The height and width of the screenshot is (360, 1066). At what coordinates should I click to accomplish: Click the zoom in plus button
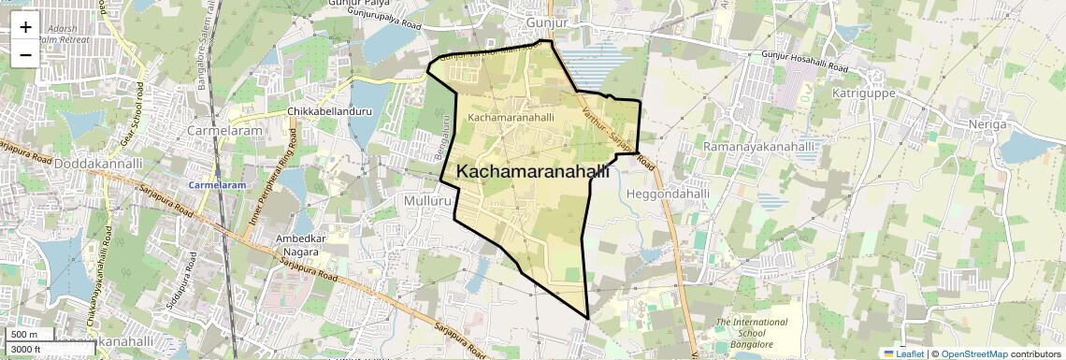[x=25, y=27]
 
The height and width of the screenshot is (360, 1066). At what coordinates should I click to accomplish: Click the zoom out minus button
[x=25, y=54]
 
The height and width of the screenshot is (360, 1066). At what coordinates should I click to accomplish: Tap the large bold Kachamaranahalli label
[x=533, y=172]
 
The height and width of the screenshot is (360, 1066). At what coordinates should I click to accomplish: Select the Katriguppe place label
[x=863, y=94]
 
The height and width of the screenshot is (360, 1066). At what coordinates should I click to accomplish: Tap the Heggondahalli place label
[x=666, y=194]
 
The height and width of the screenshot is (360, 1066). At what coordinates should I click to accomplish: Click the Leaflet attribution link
[x=904, y=353]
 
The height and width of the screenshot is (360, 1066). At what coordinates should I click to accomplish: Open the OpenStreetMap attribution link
[x=973, y=353]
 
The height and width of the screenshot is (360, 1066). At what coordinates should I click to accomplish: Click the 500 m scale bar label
[x=24, y=335]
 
